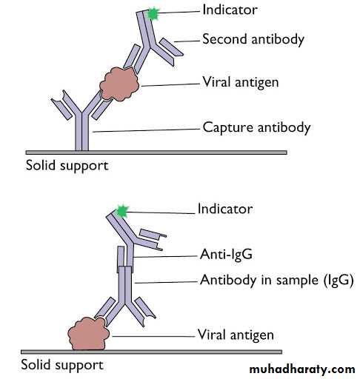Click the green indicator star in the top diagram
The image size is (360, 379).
coord(153,14)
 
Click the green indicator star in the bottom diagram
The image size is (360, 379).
coord(122,212)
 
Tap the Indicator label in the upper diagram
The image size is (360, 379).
coord(230,10)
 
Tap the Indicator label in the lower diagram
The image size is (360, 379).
coord(225,209)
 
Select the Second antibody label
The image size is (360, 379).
coord(253,40)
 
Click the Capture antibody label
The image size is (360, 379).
coord(256,128)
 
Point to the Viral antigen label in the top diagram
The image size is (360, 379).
coord(241,82)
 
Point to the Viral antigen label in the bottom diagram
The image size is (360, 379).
coord(236,335)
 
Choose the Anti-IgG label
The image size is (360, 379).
coord(226,254)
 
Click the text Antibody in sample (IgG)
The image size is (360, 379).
coord(277,281)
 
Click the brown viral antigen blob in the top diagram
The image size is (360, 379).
coord(119,84)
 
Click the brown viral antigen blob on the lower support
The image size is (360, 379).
coord(88,334)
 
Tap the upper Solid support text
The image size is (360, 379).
coord(67,166)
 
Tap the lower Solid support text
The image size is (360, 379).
coord(62,365)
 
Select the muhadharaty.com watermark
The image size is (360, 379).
coord(302,369)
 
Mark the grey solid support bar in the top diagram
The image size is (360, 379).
coord(156,152)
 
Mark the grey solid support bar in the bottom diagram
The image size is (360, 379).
coord(151,352)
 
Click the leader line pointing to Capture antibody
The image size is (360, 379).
coord(146,130)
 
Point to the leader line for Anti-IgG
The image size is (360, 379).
coord(165,257)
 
